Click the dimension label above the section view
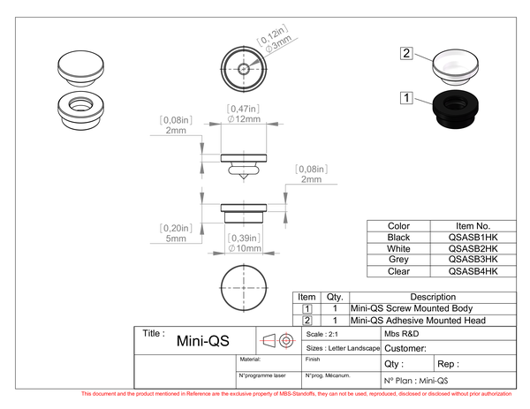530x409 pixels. click(x=243, y=110)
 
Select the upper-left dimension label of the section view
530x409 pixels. click(x=175, y=121)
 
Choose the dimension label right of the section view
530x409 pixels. click(x=311, y=170)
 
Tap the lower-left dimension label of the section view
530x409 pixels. click(x=175, y=229)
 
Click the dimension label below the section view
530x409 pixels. click(x=243, y=239)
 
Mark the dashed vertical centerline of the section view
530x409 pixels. click(x=244, y=186)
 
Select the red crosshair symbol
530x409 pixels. click(x=286, y=340)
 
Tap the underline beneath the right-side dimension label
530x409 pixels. click(x=311, y=185)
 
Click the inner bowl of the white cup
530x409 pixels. click(x=456, y=62)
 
